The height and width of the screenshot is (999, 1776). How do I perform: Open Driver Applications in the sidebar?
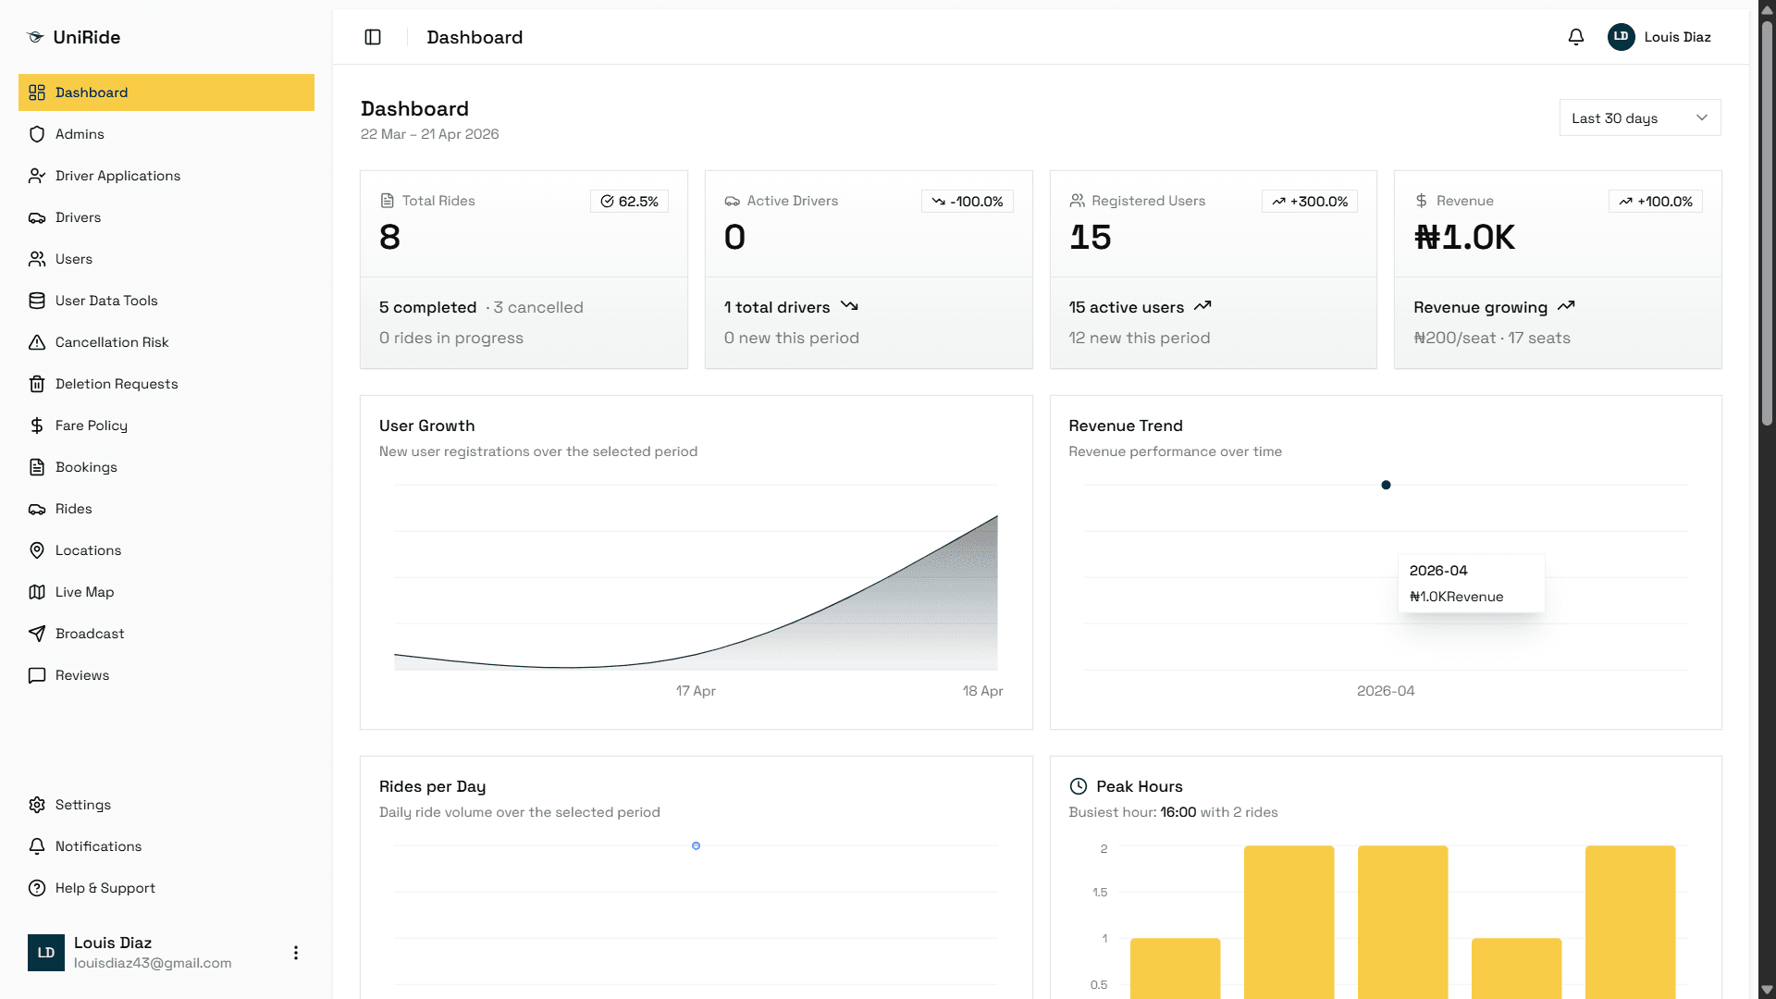click(x=117, y=176)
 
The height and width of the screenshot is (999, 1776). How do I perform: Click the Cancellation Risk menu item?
click(x=112, y=342)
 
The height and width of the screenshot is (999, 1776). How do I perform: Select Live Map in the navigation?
click(x=84, y=592)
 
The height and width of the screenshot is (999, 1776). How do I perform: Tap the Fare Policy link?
click(x=91, y=425)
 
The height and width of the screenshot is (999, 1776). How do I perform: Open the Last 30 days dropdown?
click(x=1640, y=118)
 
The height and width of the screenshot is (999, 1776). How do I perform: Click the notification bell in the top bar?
click(x=1576, y=37)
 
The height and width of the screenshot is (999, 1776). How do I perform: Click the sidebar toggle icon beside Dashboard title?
click(x=373, y=37)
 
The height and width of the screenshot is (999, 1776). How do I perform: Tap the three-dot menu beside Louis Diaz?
click(x=296, y=953)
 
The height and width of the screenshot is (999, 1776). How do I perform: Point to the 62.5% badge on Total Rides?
click(x=629, y=202)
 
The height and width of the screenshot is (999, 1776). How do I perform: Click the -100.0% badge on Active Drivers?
click(x=967, y=202)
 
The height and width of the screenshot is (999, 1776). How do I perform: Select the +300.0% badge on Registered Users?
click(x=1310, y=202)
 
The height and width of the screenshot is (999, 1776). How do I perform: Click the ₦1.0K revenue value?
click(x=1464, y=238)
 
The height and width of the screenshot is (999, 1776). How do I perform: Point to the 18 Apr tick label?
click(x=982, y=691)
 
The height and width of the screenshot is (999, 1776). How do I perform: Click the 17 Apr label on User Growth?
click(x=696, y=691)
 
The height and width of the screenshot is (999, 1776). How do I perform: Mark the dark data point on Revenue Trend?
click(x=1386, y=485)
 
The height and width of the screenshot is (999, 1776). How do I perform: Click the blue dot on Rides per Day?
click(x=696, y=845)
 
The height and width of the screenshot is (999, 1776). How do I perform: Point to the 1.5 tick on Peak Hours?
click(x=1099, y=893)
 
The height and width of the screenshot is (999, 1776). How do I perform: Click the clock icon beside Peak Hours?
click(x=1079, y=786)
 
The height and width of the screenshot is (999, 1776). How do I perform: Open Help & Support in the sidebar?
click(x=105, y=888)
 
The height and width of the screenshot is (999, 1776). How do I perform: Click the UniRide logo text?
click(x=87, y=37)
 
